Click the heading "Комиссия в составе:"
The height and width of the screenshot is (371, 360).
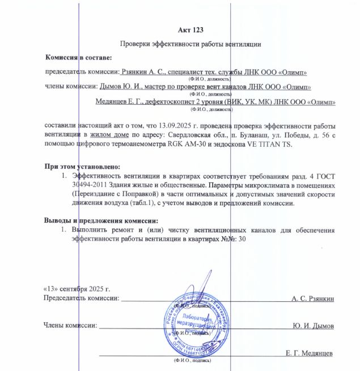(79, 58)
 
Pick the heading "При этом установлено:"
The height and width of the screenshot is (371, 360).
(83, 167)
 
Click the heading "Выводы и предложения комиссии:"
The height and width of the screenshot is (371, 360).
(101, 220)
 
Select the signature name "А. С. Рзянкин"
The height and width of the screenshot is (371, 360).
(313, 298)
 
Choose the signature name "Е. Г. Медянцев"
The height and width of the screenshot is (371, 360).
(310, 353)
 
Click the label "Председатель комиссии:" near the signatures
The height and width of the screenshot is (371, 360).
(81, 298)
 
